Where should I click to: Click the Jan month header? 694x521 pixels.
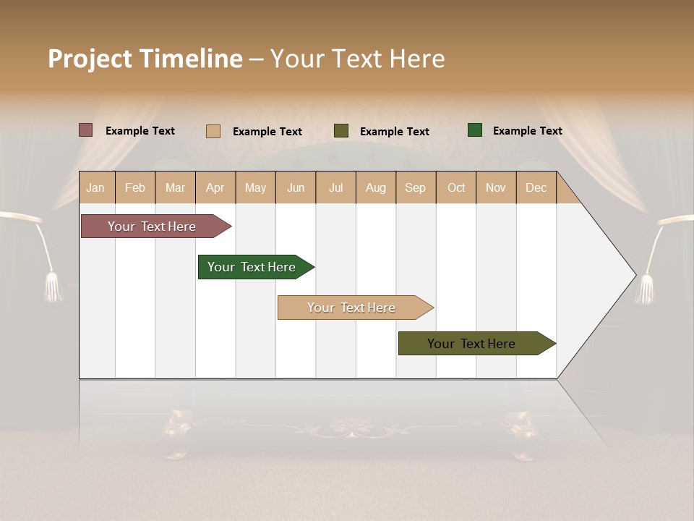95,187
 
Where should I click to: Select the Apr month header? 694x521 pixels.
215,187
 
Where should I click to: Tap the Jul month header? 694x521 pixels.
335,187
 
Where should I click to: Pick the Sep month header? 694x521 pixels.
415,187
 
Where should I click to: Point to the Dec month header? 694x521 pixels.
536,187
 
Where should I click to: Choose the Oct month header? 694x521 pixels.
456,187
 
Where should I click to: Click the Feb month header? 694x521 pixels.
135,187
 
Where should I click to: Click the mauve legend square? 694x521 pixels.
86,130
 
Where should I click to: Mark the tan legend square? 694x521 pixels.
213,131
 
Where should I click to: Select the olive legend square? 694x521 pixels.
341,131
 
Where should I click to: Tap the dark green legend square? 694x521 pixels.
475,130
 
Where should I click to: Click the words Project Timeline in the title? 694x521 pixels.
145,59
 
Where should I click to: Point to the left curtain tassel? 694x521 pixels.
53,287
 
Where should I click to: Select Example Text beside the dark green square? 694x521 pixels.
527,131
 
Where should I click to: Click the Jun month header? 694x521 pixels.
296,187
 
